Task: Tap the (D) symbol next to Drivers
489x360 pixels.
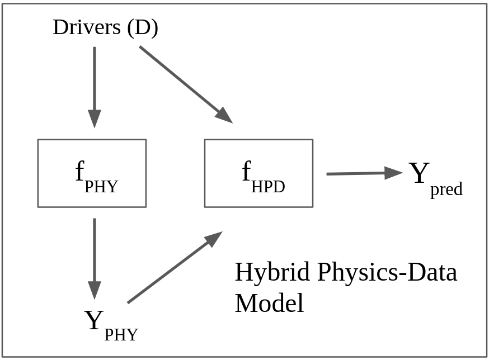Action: click(143, 27)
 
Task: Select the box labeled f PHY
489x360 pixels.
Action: click(92, 173)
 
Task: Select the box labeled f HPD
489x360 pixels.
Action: click(258, 173)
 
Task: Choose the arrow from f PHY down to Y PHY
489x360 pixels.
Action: click(95, 257)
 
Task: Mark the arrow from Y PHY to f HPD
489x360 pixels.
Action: click(175, 267)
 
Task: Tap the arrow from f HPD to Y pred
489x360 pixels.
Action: click(364, 173)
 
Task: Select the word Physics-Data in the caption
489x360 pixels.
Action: click(387, 272)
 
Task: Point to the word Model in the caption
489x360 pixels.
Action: click(269, 303)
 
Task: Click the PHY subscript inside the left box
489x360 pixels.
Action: click(101, 186)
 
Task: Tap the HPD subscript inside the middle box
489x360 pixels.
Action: click(268, 186)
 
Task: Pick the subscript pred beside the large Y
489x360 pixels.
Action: click(446, 190)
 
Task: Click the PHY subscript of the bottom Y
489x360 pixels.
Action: click(121, 334)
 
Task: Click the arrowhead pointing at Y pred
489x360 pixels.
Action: click(394, 173)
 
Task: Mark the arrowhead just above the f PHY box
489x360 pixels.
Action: click(95, 119)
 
